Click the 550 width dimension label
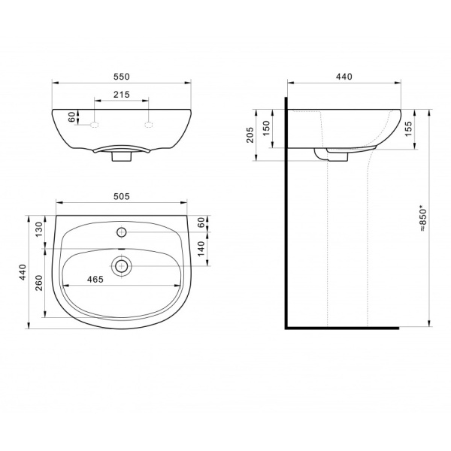point(122,77)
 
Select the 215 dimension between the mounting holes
point(121,95)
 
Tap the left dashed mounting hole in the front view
point(95,125)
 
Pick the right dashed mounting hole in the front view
point(148,125)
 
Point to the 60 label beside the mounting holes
point(71,117)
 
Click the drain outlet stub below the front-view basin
point(121,156)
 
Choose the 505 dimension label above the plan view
point(122,196)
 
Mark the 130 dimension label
point(39,229)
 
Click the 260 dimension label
point(39,283)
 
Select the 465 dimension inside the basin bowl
point(95,280)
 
